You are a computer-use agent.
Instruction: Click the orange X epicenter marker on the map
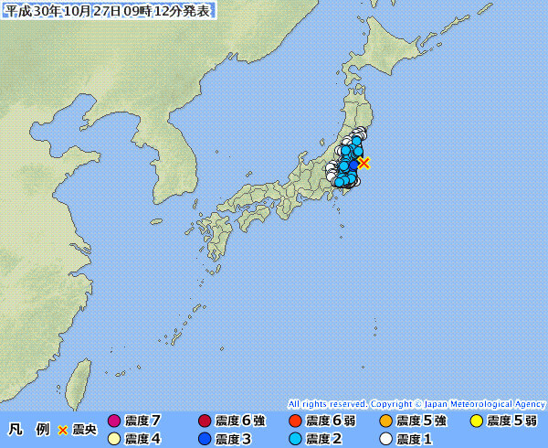364,163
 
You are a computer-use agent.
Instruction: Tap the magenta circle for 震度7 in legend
114,421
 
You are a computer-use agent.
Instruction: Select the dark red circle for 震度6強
205,421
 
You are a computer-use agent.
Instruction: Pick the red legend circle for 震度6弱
294,421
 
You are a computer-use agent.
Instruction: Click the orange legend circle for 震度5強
385,421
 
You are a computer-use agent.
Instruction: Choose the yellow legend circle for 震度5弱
476,421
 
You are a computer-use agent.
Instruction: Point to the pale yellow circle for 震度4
114,439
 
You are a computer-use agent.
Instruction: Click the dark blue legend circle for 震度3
205,439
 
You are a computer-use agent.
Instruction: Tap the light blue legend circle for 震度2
294,439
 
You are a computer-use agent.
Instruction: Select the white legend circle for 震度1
385,439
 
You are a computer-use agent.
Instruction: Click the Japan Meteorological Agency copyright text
416,403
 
